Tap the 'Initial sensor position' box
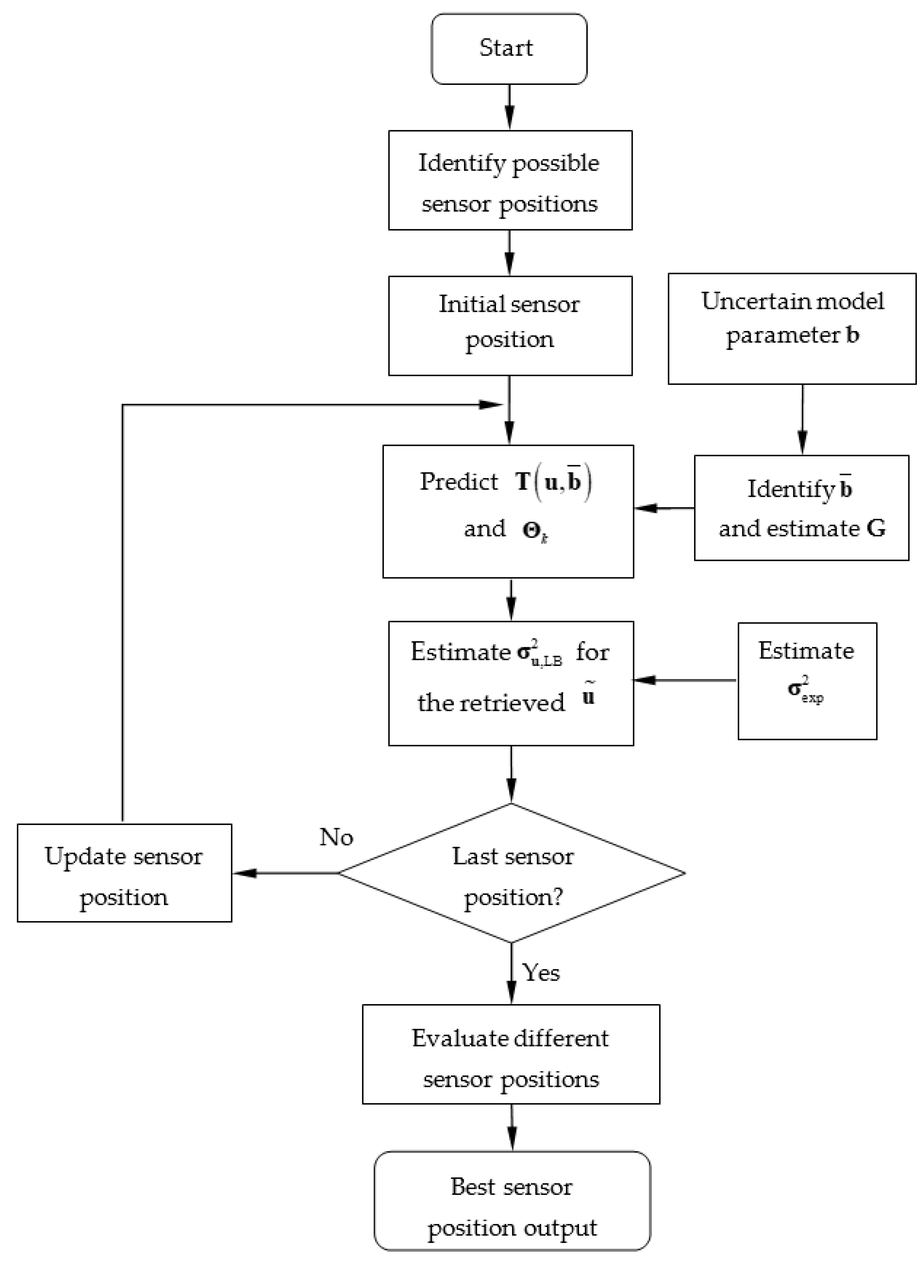pyautogui.click(x=510, y=326)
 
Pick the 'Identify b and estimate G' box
pyautogui.click(x=801, y=508)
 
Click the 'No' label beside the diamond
pyautogui.click(x=336, y=837)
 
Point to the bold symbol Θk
pyautogui.click(x=534, y=530)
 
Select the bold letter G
pyautogui.click(x=876, y=528)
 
